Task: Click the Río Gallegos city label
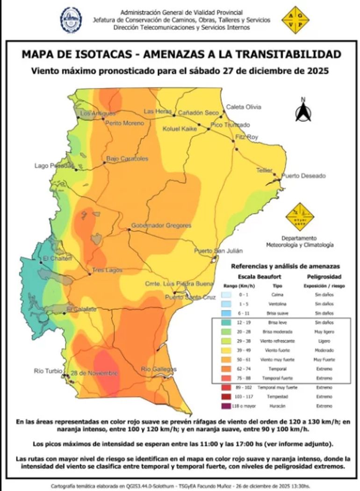[x=159, y=369]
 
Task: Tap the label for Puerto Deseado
[x=303, y=176]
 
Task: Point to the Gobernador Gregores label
[x=161, y=225]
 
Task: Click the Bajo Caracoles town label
[x=127, y=159]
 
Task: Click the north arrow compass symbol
[x=303, y=111]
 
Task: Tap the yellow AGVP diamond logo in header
[x=295, y=20]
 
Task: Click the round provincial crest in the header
[x=71, y=20]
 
